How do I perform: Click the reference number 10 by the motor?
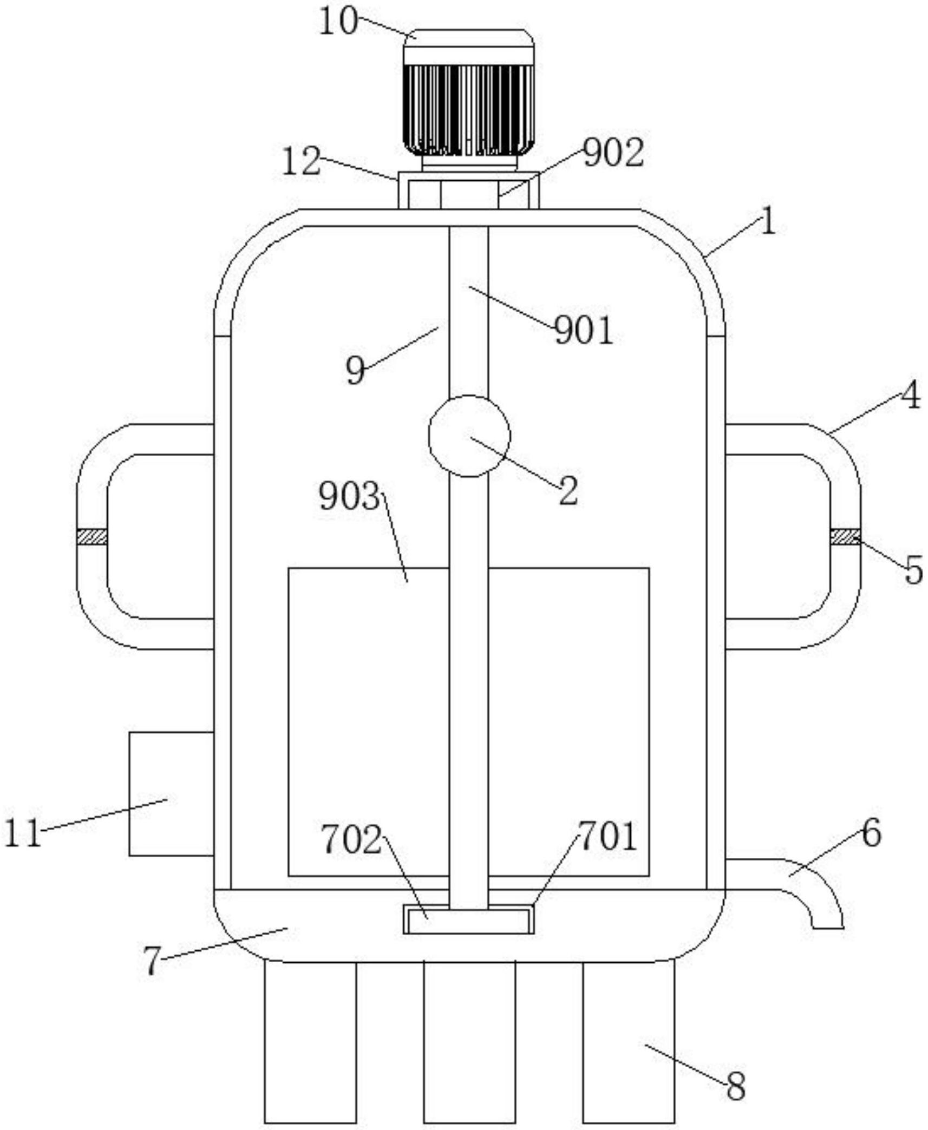click(x=338, y=23)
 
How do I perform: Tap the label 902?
click(x=613, y=153)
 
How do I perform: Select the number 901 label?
click(x=584, y=331)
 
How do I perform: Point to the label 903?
click(x=349, y=496)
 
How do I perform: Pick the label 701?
click(x=607, y=836)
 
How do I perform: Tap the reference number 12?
click(x=301, y=161)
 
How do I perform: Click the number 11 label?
click(x=23, y=832)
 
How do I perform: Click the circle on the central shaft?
click(x=469, y=436)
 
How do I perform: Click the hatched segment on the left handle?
click(x=92, y=537)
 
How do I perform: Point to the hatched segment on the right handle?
click(x=845, y=536)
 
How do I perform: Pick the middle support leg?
click(x=469, y=1042)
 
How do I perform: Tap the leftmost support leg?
click(x=310, y=1042)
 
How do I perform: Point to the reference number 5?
click(x=914, y=570)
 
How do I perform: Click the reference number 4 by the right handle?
click(x=910, y=395)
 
